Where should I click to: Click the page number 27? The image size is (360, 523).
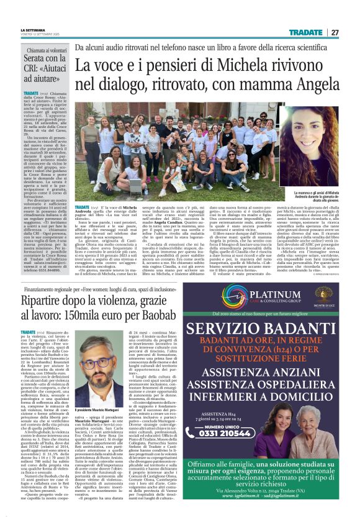[335, 32]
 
